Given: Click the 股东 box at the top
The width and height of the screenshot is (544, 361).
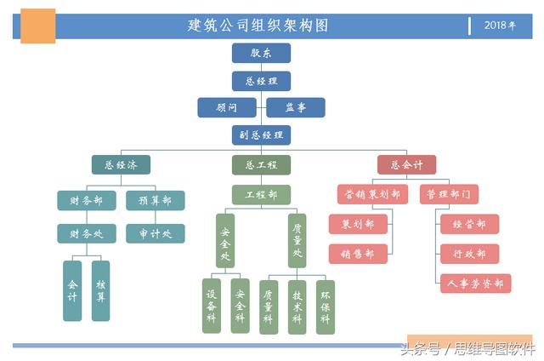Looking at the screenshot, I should coord(261,53).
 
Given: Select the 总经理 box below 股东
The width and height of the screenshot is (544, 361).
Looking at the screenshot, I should coord(261,81).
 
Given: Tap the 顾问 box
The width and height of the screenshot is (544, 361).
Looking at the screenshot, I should coord(226,107).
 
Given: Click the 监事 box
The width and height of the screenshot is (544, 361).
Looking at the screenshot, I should coord(295,107).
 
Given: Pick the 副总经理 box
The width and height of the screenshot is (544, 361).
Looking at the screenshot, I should coord(261,135).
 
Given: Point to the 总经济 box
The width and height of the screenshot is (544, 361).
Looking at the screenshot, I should coord(121,164).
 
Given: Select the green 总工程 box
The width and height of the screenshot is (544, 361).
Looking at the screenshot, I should coord(261,164).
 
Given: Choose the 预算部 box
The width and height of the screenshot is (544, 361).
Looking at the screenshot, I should coord(155,200).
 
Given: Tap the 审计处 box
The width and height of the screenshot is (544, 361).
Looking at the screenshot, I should coord(155,232).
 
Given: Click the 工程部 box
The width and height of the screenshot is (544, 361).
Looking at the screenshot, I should coord(261,195).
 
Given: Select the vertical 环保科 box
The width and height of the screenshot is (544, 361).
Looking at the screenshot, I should coord(325,307).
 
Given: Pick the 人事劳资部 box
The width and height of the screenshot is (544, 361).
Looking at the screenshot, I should coord(474,284).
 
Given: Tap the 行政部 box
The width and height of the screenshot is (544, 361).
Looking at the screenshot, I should coord(469,254).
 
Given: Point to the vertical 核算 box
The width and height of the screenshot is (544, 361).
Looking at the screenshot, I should coord(101,290).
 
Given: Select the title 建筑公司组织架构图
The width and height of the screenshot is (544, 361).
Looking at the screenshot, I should coord(258,26).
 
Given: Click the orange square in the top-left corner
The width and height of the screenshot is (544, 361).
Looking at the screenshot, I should coord(37,26).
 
